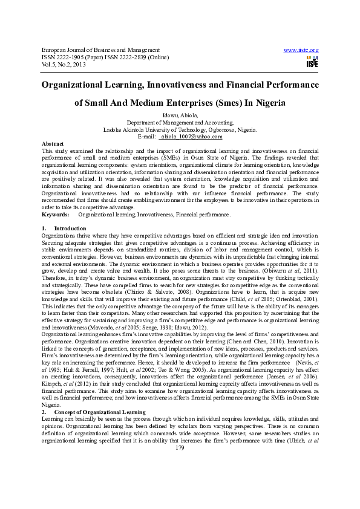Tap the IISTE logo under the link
(312, 62)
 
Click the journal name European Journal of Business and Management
(100, 50)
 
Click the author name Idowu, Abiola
(180, 115)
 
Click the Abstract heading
(53, 144)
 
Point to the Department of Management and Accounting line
(180, 122)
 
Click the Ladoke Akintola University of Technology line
(180, 129)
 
